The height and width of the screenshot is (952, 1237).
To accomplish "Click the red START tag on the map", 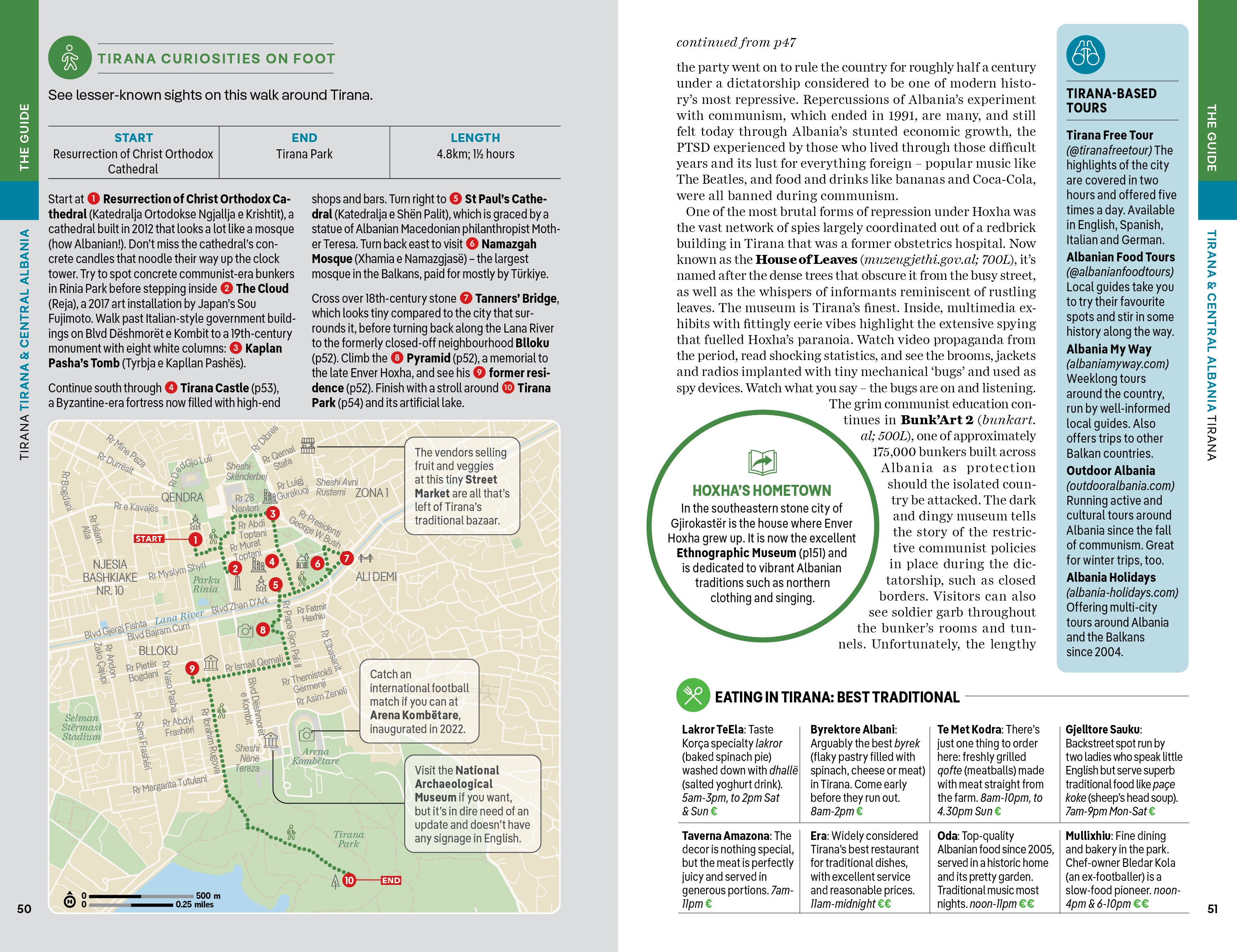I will [148, 538].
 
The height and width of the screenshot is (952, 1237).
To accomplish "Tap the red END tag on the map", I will [391, 880].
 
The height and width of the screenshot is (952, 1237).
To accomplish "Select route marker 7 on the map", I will [346, 558].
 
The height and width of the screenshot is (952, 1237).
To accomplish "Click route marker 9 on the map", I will [192, 668].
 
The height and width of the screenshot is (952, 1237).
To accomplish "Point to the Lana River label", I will [179, 617].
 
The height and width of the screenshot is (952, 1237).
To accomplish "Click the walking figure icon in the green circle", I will [70, 57].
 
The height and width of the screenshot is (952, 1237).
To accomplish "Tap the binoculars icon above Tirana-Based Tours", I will [1085, 55].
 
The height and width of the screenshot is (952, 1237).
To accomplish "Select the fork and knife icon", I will [693, 695].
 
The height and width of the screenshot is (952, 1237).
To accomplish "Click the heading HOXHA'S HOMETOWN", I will [762, 491].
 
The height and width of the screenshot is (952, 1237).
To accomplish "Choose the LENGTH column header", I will [475, 137].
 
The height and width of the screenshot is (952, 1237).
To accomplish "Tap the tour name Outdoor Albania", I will [1110, 470].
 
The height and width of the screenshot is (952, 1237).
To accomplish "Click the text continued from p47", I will [736, 43].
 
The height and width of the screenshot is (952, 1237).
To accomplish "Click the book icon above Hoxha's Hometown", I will [762, 462].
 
